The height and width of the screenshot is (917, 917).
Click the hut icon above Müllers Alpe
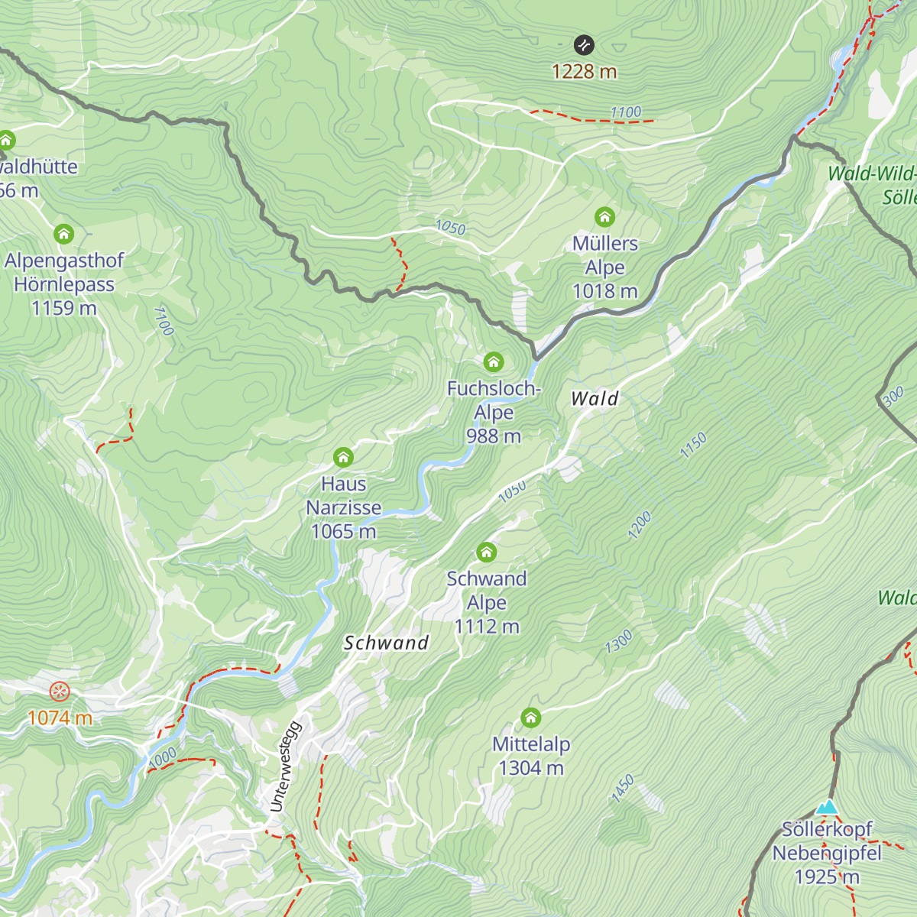[x=604, y=217]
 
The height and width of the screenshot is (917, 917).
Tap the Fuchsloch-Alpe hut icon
[x=494, y=361]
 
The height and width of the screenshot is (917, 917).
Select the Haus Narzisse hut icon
[x=343, y=458]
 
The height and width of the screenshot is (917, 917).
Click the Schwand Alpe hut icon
[x=487, y=552]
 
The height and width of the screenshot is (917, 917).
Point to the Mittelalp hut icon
[x=531, y=718]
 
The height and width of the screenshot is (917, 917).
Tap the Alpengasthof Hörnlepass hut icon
[x=63, y=234]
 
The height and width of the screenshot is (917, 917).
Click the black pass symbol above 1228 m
[x=584, y=45]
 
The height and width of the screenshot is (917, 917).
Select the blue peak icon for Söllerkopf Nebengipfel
[x=827, y=807]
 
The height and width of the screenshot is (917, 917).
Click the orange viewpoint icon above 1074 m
[x=59, y=692]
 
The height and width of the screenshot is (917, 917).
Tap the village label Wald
[x=595, y=398]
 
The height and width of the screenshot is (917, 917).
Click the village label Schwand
[x=386, y=643]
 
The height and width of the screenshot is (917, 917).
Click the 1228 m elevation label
[x=584, y=71]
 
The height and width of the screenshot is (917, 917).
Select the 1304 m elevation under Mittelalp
[x=531, y=768]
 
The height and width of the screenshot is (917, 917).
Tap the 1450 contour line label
[x=622, y=789]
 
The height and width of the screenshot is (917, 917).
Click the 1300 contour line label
[x=618, y=641]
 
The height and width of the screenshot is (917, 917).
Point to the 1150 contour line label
[x=693, y=446]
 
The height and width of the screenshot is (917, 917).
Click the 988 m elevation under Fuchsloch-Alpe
[x=494, y=436]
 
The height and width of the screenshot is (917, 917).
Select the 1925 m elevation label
[x=827, y=876]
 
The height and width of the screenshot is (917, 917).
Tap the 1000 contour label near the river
[x=162, y=757]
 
